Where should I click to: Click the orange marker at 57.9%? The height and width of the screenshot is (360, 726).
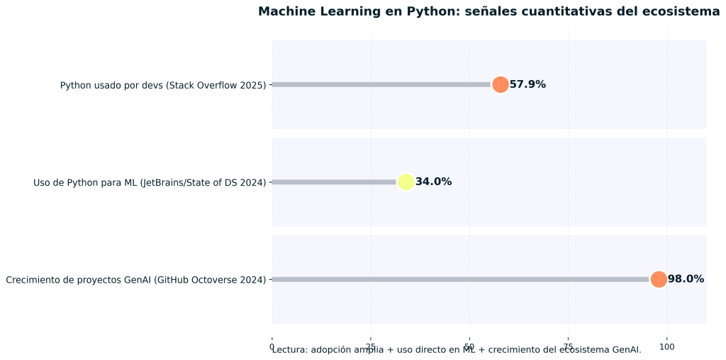pyautogui.click(x=500, y=84)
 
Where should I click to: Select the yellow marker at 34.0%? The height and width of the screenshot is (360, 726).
pyautogui.click(x=406, y=182)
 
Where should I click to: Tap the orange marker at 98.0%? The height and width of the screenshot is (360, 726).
pyautogui.click(x=658, y=279)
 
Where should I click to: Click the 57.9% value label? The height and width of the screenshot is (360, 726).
pyautogui.click(x=527, y=84)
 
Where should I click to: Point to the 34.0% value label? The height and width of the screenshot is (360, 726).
pyautogui.click(x=433, y=182)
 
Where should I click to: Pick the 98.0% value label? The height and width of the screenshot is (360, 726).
pyautogui.click(x=686, y=279)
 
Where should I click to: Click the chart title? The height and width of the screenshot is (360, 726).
pyautogui.click(x=488, y=11)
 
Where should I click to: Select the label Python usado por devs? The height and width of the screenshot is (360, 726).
pyautogui.click(x=163, y=85)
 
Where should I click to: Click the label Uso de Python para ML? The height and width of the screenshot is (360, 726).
pyautogui.click(x=150, y=182)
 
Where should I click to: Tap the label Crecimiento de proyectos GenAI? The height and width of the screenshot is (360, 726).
pyautogui.click(x=135, y=280)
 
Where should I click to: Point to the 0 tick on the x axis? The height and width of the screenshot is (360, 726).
pyautogui.click(x=272, y=346)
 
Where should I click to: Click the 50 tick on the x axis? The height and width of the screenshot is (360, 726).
pyautogui.click(x=469, y=347)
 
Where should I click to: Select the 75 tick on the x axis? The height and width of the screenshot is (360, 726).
pyautogui.click(x=567, y=347)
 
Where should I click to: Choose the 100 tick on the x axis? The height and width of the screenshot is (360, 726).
pyautogui.click(x=666, y=347)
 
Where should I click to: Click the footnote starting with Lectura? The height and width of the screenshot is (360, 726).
pyautogui.click(x=457, y=350)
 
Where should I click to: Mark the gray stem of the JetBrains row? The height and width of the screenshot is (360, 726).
pyautogui.click(x=333, y=182)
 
